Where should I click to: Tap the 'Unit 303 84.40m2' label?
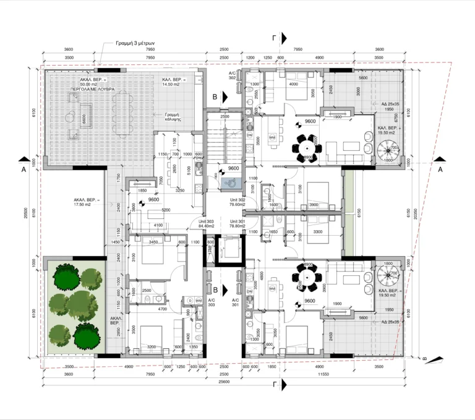206,223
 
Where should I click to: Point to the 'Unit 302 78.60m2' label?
237,203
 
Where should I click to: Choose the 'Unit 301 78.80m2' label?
237,223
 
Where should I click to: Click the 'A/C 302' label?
232,75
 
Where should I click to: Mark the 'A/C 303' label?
211,302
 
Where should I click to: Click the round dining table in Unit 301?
307,276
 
